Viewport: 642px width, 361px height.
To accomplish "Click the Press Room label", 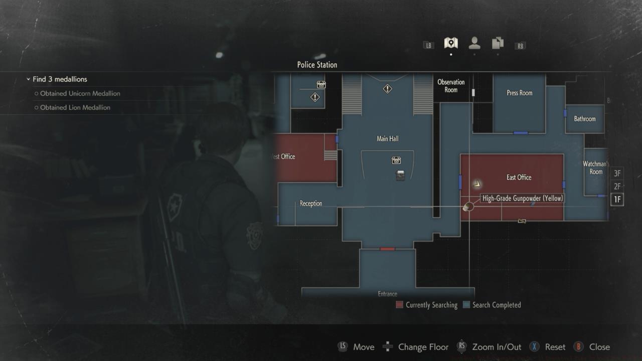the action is coord(519,93).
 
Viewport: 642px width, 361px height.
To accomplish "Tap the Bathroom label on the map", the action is coord(585,119).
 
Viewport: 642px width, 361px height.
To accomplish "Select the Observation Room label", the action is coord(451,86).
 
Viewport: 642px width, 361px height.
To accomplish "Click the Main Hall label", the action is coord(388,139).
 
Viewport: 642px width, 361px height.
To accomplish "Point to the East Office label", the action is coord(519,177).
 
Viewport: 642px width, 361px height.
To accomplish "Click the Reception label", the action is coord(311,204).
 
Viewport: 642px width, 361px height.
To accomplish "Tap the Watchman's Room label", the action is coord(595,168).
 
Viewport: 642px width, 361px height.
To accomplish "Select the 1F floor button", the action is coord(617,200).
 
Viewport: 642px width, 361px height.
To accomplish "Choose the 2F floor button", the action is coord(617,187).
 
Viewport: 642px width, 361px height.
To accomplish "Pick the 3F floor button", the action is coord(617,173).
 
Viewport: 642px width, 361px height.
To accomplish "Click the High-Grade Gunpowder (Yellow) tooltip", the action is coord(522,199).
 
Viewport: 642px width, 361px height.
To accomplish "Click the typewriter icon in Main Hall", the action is coord(400,175).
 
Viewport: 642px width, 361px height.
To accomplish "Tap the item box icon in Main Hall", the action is coord(396,160).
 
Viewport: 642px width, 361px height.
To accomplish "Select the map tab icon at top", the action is coord(451,44).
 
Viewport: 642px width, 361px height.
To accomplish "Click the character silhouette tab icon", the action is coord(474,44).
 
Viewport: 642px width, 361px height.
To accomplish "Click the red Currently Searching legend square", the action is coord(400,305).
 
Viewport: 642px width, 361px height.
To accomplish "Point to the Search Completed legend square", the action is coord(466,305).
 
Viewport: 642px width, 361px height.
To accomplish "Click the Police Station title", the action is coord(317,65).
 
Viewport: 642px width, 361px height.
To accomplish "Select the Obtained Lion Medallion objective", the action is coord(75,107).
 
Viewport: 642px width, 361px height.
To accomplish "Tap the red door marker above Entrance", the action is coord(387,249).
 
